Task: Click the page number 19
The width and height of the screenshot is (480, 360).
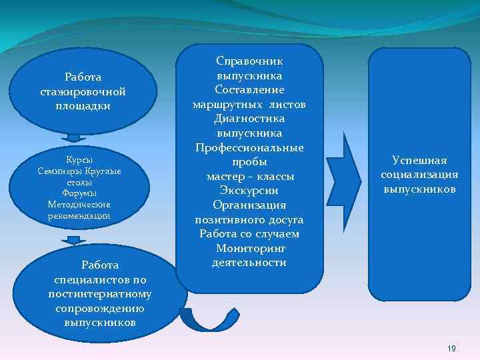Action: coord(451,349)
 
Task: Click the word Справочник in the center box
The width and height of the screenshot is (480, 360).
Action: coord(250,61)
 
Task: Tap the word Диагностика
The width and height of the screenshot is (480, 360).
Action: coord(249,119)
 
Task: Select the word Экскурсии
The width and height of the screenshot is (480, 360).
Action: coord(249,191)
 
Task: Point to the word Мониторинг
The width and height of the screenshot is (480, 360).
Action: coord(250,248)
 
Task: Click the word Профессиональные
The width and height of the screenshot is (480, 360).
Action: coord(249,147)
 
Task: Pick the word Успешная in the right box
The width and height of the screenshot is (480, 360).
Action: coord(419,161)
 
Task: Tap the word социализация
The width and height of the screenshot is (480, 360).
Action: coord(419,175)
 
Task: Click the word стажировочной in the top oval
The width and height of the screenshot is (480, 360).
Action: coord(83,91)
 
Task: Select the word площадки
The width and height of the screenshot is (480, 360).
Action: coord(83,105)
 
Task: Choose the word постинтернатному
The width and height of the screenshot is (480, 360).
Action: coord(100,294)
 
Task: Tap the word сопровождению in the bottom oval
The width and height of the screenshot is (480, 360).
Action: coord(100,308)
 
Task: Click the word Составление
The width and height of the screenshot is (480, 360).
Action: coord(250,89)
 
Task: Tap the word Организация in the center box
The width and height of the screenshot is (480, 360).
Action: coord(249,205)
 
